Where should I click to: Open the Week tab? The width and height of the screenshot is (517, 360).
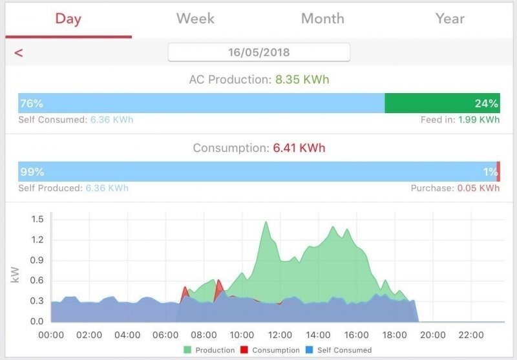pos(195,19)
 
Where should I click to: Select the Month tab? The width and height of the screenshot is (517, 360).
pos(322,19)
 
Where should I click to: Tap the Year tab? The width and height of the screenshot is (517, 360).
pos(450,19)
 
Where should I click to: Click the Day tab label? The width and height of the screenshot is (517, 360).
pos(69,19)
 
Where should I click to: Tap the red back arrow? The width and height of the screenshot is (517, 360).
pos(19,53)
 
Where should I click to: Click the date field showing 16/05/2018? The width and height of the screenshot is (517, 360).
pos(259,52)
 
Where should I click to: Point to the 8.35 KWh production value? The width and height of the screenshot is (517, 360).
pos(302,79)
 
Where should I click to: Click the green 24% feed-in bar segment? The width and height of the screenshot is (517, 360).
pos(442,103)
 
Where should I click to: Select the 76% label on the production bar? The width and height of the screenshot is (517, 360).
pos(32,103)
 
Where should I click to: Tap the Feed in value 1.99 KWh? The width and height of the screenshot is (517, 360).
pos(479,120)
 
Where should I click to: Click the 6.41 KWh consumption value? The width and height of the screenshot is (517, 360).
pos(299,148)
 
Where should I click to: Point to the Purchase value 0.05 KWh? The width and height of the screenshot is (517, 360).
pos(478,188)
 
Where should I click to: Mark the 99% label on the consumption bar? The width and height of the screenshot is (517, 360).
pos(32,172)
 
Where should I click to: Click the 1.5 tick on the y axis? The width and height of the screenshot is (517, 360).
pos(37,219)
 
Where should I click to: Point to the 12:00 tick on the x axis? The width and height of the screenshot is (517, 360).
pos(280,335)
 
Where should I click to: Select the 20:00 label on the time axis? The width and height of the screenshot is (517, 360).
pos(432,335)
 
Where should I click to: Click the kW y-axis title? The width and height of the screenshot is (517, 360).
pos(15,275)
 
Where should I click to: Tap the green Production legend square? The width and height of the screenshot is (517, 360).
pos(187,350)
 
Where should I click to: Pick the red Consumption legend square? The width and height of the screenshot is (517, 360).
pos(244,350)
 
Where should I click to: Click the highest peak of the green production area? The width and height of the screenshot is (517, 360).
pos(266,222)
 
